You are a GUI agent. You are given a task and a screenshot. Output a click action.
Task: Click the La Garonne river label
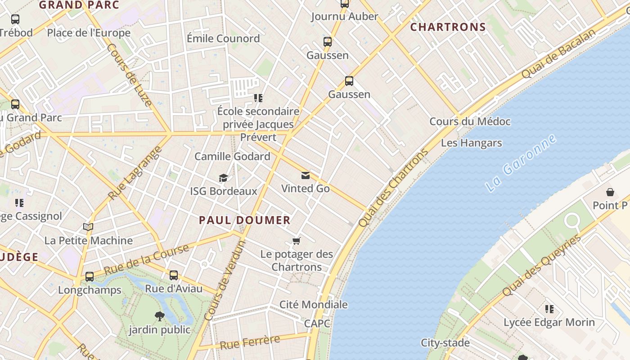(x=521, y=162)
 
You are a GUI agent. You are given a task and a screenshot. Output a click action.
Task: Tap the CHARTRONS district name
(x=448, y=27)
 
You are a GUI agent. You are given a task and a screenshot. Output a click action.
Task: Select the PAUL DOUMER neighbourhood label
(x=245, y=220)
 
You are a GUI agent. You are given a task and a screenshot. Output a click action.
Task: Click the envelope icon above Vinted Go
(x=306, y=175)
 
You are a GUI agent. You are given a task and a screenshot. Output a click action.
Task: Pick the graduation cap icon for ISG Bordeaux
(x=224, y=178)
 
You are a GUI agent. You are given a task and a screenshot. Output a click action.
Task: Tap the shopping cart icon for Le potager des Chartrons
(x=297, y=241)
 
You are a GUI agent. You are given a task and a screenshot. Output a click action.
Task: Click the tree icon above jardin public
(x=159, y=316)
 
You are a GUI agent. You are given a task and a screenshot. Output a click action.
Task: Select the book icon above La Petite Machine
(x=88, y=227)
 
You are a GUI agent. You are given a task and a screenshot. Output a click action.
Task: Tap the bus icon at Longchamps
(x=90, y=276)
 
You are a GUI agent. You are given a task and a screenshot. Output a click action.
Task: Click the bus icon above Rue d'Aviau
(x=174, y=275)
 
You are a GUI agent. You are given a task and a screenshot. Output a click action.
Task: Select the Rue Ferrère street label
(x=250, y=342)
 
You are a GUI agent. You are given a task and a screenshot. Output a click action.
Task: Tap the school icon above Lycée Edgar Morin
(x=549, y=309)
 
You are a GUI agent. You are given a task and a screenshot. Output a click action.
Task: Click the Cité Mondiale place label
(x=314, y=305)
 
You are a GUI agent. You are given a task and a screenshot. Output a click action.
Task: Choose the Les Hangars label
(x=471, y=143)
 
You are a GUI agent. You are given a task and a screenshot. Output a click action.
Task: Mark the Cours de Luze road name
(x=129, y=75)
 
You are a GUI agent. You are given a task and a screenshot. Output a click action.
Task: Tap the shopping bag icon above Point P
(x=610, y=192)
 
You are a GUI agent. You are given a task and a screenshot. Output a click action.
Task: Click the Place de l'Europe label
(x=89, y=33)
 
